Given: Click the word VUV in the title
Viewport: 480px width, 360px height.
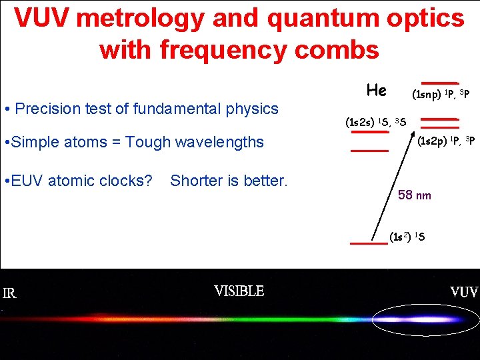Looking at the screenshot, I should tap(41, 19).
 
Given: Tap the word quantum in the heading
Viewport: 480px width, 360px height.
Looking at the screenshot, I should tap(317, 19).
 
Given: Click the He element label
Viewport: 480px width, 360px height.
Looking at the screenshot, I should tap(377, 89).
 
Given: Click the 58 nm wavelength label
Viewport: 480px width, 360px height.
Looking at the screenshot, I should tap(414, 195).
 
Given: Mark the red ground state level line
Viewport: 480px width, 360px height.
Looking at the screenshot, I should tap(369, 244).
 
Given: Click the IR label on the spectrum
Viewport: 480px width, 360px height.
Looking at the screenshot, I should tap(10, 294).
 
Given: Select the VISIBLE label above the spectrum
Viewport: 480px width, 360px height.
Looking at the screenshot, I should tap(239, 291).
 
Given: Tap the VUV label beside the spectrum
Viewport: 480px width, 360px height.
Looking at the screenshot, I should tap(464, 292).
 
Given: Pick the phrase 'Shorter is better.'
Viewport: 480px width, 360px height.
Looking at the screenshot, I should tap(229, 181).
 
